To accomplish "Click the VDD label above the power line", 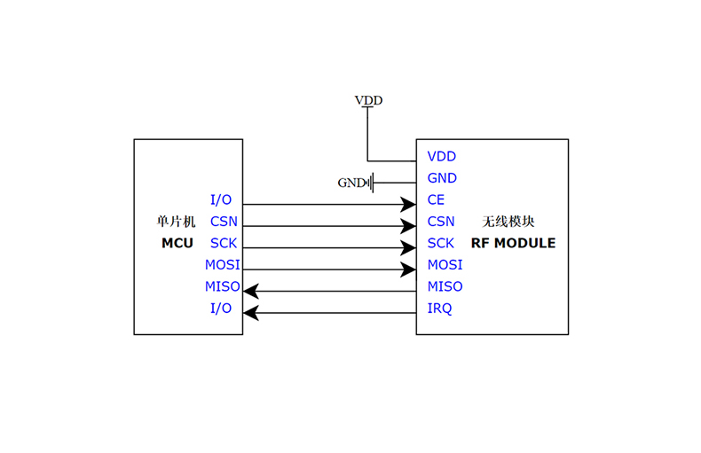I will coord(368,100).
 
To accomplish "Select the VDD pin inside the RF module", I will coord(441,156).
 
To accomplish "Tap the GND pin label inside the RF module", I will coord(442,178).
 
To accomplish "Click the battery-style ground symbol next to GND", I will coord(372,183).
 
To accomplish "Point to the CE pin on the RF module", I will coord(436,200).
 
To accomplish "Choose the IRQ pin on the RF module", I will coord(439,309).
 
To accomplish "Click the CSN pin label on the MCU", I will coord(224,222).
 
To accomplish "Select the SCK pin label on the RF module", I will coord(441,243).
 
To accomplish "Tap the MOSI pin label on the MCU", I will coord(222,265).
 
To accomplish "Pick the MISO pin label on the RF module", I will coord(445,286).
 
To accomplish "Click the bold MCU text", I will coord(177,243).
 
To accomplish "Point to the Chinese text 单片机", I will coord(176,222).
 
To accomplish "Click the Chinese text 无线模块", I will coord(508,222).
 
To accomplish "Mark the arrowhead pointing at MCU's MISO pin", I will coord(251,291).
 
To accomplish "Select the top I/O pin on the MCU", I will coord(221,200).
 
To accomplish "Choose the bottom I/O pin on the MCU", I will coord(221,309).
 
